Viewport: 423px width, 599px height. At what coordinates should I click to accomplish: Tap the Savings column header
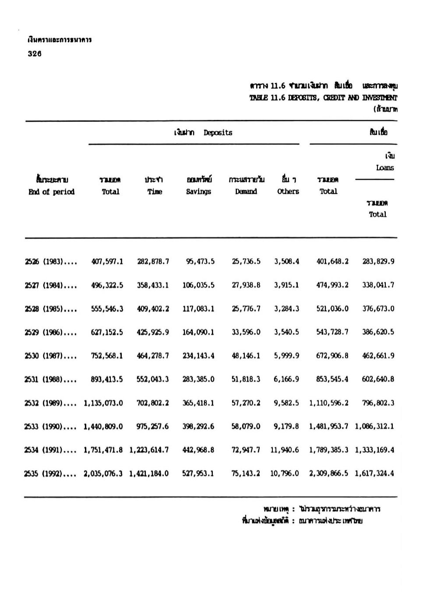[198, 191]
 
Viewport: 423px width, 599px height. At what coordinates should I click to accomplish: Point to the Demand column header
[246, 191]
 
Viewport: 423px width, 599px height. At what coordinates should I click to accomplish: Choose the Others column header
[288, 191]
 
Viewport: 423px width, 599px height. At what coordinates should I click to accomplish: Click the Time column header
[155, 191]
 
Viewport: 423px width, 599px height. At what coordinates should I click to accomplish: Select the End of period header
[51, 192]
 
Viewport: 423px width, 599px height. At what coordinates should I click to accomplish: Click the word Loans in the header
[384, 168]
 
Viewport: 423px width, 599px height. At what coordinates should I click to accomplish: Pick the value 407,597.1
[107, 262]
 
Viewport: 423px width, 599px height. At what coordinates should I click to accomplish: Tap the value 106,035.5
[198, 285]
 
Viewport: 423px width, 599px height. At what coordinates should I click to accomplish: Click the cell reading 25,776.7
[246, 309]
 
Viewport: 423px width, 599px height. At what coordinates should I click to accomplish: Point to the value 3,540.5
[287, 332]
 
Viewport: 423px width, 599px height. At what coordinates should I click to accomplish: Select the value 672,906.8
[332, 356]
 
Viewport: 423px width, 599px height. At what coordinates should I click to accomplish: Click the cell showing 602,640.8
[378, 379]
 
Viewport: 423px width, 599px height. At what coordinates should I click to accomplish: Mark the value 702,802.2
[153, 403]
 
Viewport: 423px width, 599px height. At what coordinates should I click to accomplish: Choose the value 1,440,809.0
[103, 426]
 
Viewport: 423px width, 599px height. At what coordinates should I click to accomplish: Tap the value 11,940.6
[285, 450]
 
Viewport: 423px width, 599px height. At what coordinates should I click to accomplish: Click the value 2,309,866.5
[329, 474]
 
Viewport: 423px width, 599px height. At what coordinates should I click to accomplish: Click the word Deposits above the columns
[218, 133]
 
